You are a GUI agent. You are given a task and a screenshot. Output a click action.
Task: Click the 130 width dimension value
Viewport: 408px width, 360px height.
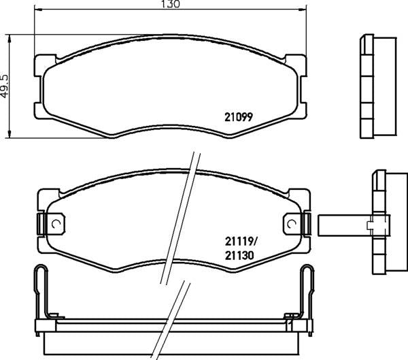(x=171, y=4)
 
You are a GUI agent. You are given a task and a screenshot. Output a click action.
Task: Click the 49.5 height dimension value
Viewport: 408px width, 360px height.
(x=5, y=86)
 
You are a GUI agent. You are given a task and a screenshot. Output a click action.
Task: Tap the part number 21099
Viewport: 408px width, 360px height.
(x=239, y=117)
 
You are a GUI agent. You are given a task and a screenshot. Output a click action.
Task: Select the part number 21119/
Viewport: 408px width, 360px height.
(x=241, y=242)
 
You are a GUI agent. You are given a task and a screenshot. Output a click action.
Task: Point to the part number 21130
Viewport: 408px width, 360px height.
(x=239, y=256)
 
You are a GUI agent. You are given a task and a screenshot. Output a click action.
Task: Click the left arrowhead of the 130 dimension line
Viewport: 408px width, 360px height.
(x=38, y=10)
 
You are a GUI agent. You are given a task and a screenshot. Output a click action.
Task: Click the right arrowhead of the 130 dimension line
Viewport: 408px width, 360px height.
(x=303, y=10)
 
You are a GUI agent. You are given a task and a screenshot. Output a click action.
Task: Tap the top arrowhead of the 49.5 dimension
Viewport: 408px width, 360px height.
(x=10, y=38)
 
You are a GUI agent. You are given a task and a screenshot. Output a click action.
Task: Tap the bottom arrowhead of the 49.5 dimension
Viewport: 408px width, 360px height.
(x=10, y=134)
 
